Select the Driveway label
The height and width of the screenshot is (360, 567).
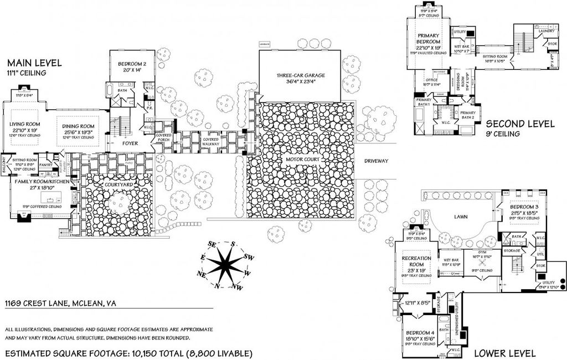[377, 161]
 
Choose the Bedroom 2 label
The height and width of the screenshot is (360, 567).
[132, 64]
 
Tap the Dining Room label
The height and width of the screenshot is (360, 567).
[79, 126]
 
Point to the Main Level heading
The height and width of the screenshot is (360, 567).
[34, 63]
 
